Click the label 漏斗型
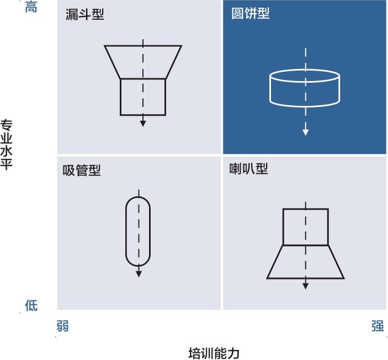tap(85, 14)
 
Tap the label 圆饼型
tap(251, 13)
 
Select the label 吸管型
tap(82, 170)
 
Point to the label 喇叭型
tap(248, 169)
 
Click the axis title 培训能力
tap(214, 353)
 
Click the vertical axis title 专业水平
tap(6, 144)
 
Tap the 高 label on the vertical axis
tap(31, 7)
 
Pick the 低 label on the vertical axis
tap(31, 305)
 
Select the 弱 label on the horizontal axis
tap(62, 326)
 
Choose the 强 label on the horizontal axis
tap(378, 326)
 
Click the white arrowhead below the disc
tap(306, 132)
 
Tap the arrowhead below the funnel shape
tap(143, 123)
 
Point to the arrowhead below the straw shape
tap(139, 274)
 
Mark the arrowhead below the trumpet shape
tap(306, 286)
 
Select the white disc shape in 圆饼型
tap(270, 88)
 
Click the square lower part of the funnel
tap(120, 97)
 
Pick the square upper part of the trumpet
tap(283, 227)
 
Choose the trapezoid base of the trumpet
tap(275, 262)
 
